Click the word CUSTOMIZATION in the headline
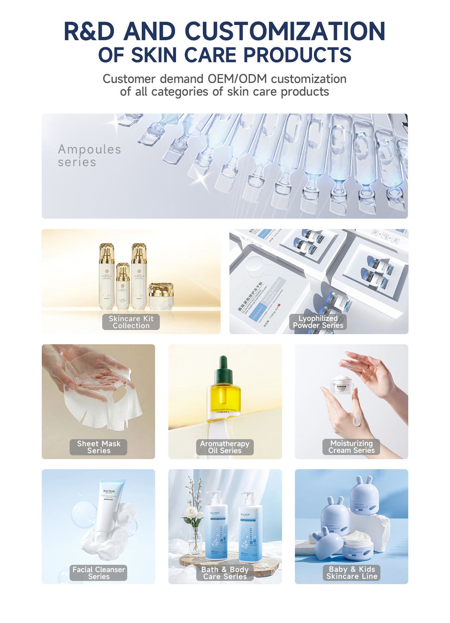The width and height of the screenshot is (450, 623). [x=285, y=32]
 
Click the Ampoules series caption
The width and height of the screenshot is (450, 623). [x=90, y=155]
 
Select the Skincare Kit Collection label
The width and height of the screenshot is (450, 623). [x=131, y=322]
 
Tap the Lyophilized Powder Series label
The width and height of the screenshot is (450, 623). [x=318, y=322]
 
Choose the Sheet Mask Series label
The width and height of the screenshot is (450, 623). [x=99, y=447]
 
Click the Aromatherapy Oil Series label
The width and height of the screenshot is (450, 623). [x=225, y=447]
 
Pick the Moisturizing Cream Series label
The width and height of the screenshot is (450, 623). [x=351, y=447]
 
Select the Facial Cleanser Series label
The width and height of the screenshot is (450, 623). [x=99, y=573]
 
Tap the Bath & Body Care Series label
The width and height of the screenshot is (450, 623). [x=225, y=573]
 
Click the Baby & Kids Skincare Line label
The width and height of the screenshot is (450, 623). [x=352, y=573]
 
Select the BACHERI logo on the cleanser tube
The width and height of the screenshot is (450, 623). [x=109, y=491]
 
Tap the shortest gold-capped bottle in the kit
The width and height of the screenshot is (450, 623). [x=123, y=286]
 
